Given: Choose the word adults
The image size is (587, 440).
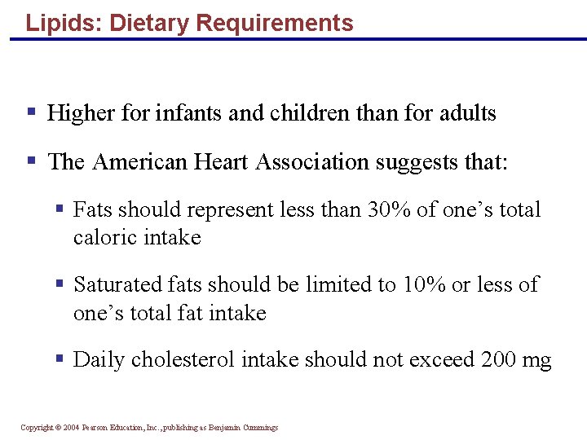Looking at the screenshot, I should (x=468, y=112).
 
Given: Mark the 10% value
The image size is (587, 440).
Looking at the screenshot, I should (x=423, y=284).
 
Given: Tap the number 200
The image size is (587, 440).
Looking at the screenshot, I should (x=500, y=359).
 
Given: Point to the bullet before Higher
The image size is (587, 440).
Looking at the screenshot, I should (x=31, y=112).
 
